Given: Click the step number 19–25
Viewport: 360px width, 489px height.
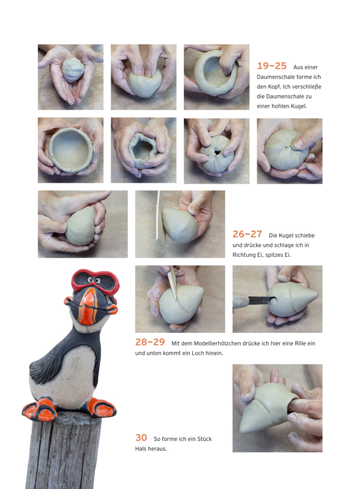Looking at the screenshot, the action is [272, 66].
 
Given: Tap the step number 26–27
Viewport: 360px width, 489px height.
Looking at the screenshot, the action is [247, 234].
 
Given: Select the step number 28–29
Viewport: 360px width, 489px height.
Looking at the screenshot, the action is [150, 342].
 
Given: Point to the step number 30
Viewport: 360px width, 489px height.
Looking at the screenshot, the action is [141, 437].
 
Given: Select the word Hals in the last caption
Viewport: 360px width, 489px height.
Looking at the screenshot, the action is [141, 449].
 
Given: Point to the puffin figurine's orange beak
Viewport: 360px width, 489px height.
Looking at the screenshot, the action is [89, 305].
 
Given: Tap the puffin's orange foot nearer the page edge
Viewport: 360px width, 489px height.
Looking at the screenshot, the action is [40, 409].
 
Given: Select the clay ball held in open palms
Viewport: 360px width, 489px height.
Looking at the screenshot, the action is [73, 70].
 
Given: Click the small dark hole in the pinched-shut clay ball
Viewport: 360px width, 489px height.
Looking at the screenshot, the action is [217, 153].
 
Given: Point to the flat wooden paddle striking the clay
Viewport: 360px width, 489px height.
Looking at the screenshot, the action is [160, 222].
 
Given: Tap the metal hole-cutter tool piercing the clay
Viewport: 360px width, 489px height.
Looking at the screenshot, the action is [256, 300].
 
